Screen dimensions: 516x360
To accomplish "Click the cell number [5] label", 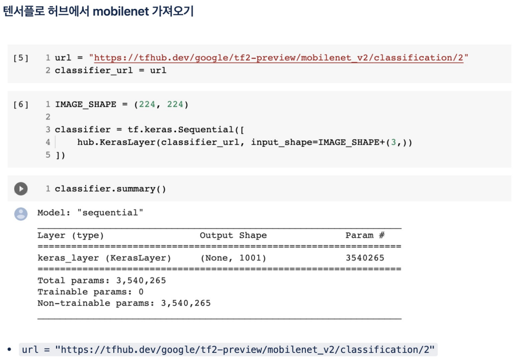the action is (x=21, y=58).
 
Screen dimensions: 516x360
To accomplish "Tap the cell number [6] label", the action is (x=21, y=105).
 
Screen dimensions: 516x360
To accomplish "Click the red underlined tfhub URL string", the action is (x=279, y=58).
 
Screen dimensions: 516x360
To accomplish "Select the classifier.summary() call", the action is (x=110, y=189).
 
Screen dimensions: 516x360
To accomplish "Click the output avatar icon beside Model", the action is (x=21, y=214).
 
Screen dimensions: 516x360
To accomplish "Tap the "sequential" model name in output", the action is (x=110, y=213).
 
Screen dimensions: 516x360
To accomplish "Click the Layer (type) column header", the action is (x=70, y=236).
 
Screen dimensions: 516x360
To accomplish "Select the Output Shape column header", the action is (x=233, y=236).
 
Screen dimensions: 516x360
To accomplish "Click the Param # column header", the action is (x=365, y=236).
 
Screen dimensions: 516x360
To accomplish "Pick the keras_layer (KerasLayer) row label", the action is (x=104, y=258).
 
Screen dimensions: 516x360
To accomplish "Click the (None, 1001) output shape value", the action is (x=233, y=258).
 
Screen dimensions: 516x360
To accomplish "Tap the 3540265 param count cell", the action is (x=365, y=258).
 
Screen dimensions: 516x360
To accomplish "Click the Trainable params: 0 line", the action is (x=91, y=292).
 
